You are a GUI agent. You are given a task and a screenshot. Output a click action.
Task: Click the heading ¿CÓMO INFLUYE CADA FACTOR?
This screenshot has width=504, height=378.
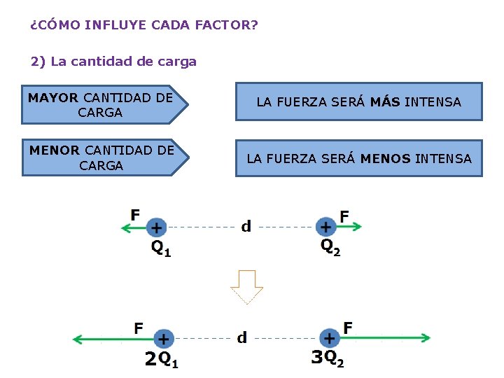[144, 26]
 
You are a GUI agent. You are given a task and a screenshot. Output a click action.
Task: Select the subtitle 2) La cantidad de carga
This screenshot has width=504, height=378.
[114, 62]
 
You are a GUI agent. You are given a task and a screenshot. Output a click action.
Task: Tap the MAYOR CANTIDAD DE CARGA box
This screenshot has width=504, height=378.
[101, 105]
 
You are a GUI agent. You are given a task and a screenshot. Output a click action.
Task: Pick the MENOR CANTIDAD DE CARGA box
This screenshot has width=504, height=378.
[101, 157]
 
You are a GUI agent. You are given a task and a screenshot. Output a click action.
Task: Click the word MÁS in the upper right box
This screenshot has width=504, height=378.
[385, 102]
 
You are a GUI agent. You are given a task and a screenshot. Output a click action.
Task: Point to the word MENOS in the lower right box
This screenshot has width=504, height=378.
[386, 159]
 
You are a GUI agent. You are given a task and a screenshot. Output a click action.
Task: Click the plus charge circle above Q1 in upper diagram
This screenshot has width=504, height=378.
[156, 227]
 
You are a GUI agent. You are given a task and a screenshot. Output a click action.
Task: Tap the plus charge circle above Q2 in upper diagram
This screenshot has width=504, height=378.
[325, 226]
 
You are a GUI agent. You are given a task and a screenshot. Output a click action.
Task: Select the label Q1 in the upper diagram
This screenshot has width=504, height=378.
[161, 248]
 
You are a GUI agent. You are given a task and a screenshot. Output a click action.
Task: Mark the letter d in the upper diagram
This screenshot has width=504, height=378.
[246, 226]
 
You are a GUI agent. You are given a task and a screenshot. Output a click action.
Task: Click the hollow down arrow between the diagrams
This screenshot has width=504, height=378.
[246, 286]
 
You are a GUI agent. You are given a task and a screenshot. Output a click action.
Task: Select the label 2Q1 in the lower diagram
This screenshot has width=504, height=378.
[161, 360]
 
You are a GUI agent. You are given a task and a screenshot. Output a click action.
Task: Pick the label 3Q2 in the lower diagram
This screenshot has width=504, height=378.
[328, 358]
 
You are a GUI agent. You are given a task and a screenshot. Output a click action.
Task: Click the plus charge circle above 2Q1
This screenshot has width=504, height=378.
[163, 339]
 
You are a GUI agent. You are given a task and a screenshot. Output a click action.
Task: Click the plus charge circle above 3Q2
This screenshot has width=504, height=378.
[329, 338]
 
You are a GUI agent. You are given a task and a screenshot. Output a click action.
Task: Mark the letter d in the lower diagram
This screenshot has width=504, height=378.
[241, 338]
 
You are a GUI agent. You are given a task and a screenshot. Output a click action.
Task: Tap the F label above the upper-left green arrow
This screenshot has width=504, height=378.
[135, 214]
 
